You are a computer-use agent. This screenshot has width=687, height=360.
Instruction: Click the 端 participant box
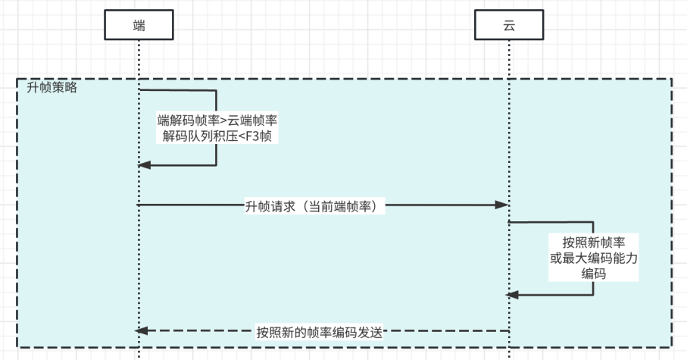(x=139, y=24)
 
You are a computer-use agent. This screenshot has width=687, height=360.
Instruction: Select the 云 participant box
(x=508, y=24)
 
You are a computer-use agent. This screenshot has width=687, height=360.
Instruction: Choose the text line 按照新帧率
(x=592, y=243)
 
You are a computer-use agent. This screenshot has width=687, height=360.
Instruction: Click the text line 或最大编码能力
(x=592, y=259)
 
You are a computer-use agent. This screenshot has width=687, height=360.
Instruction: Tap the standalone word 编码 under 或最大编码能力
(x=592, y=275)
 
